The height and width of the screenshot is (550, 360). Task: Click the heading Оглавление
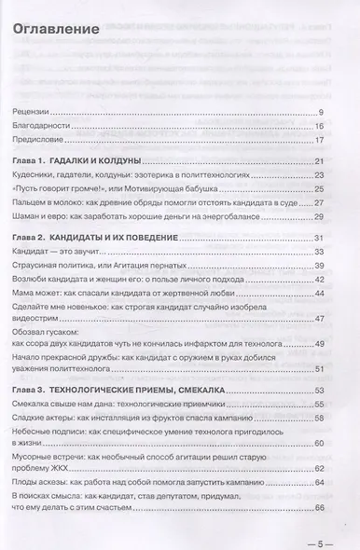click(x=55, y=29)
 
